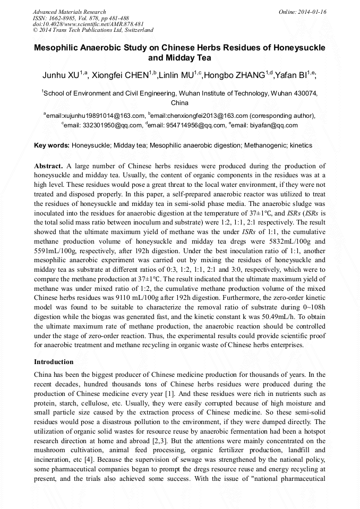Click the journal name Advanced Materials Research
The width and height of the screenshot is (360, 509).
(70, 12)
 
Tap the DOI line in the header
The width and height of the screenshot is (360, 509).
(88, 24)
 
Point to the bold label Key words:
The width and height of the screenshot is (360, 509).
(52, 145)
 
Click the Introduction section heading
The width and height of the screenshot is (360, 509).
(54, 362)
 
